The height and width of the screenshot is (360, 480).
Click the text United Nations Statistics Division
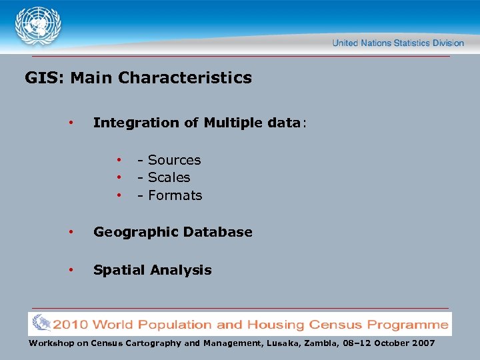point(398,43)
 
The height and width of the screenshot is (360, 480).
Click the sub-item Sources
point(174,160)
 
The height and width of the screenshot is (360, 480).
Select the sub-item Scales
point(169,177)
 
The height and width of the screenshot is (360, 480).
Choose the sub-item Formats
point(175,195)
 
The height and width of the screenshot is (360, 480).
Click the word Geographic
point(136,233)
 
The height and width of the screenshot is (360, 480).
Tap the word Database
point(218,232)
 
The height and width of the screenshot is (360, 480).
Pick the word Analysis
point(181,270)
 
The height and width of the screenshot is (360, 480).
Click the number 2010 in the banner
point(71,325)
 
